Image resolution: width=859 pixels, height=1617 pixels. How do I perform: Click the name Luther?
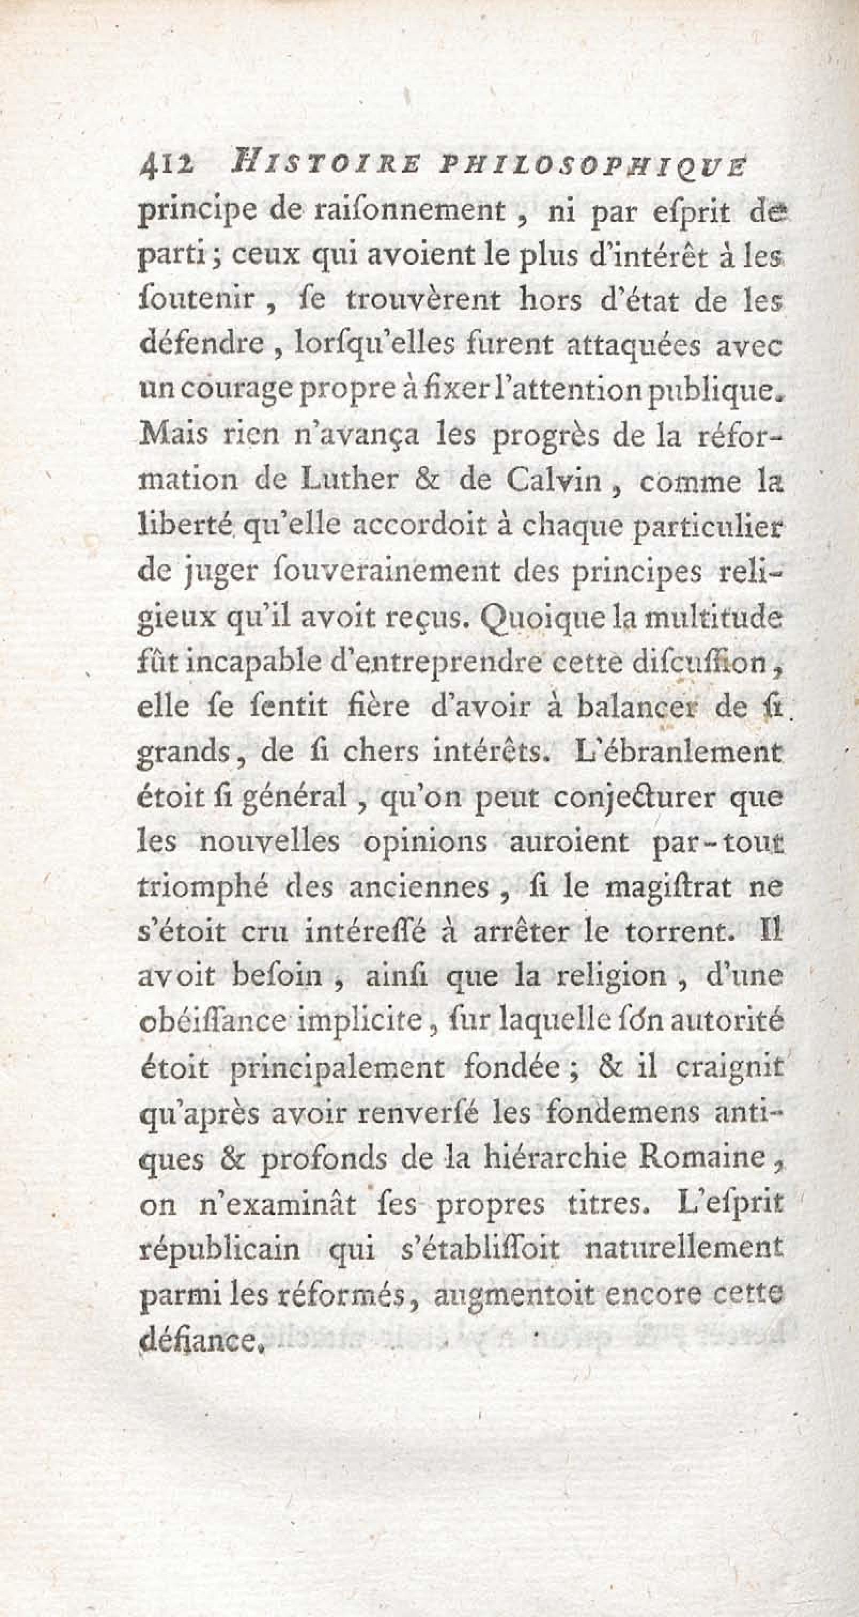click(x=347, y=481)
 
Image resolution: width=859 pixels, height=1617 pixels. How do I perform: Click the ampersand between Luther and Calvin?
click(x=429, y=481)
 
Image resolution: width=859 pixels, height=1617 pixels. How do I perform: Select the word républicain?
click(x=218, y=1250)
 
